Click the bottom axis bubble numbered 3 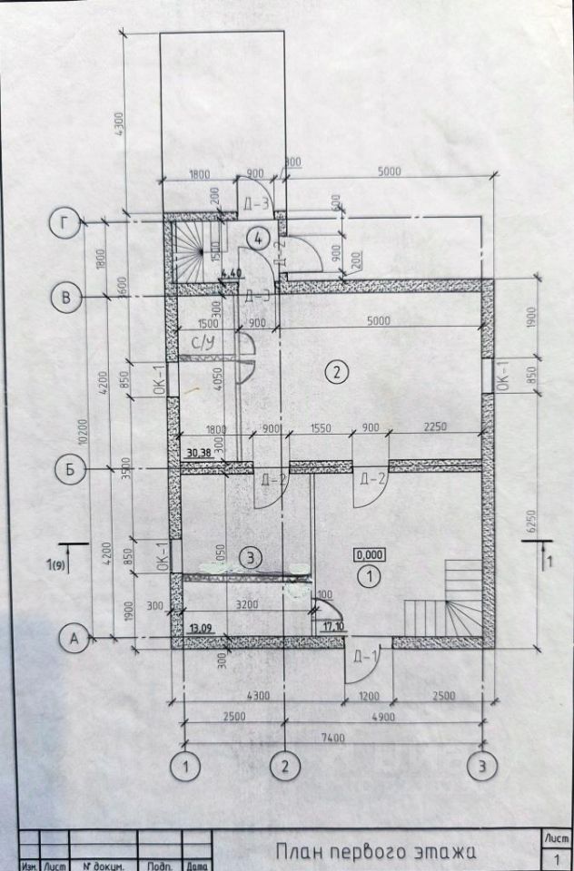click(481, 767)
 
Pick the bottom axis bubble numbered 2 click(286, 767)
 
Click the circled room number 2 click(337, 371)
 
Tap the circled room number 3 click(252, 556)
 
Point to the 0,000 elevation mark click(369, 555)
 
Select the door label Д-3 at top click(256, 203)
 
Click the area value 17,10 click(333, 626)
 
